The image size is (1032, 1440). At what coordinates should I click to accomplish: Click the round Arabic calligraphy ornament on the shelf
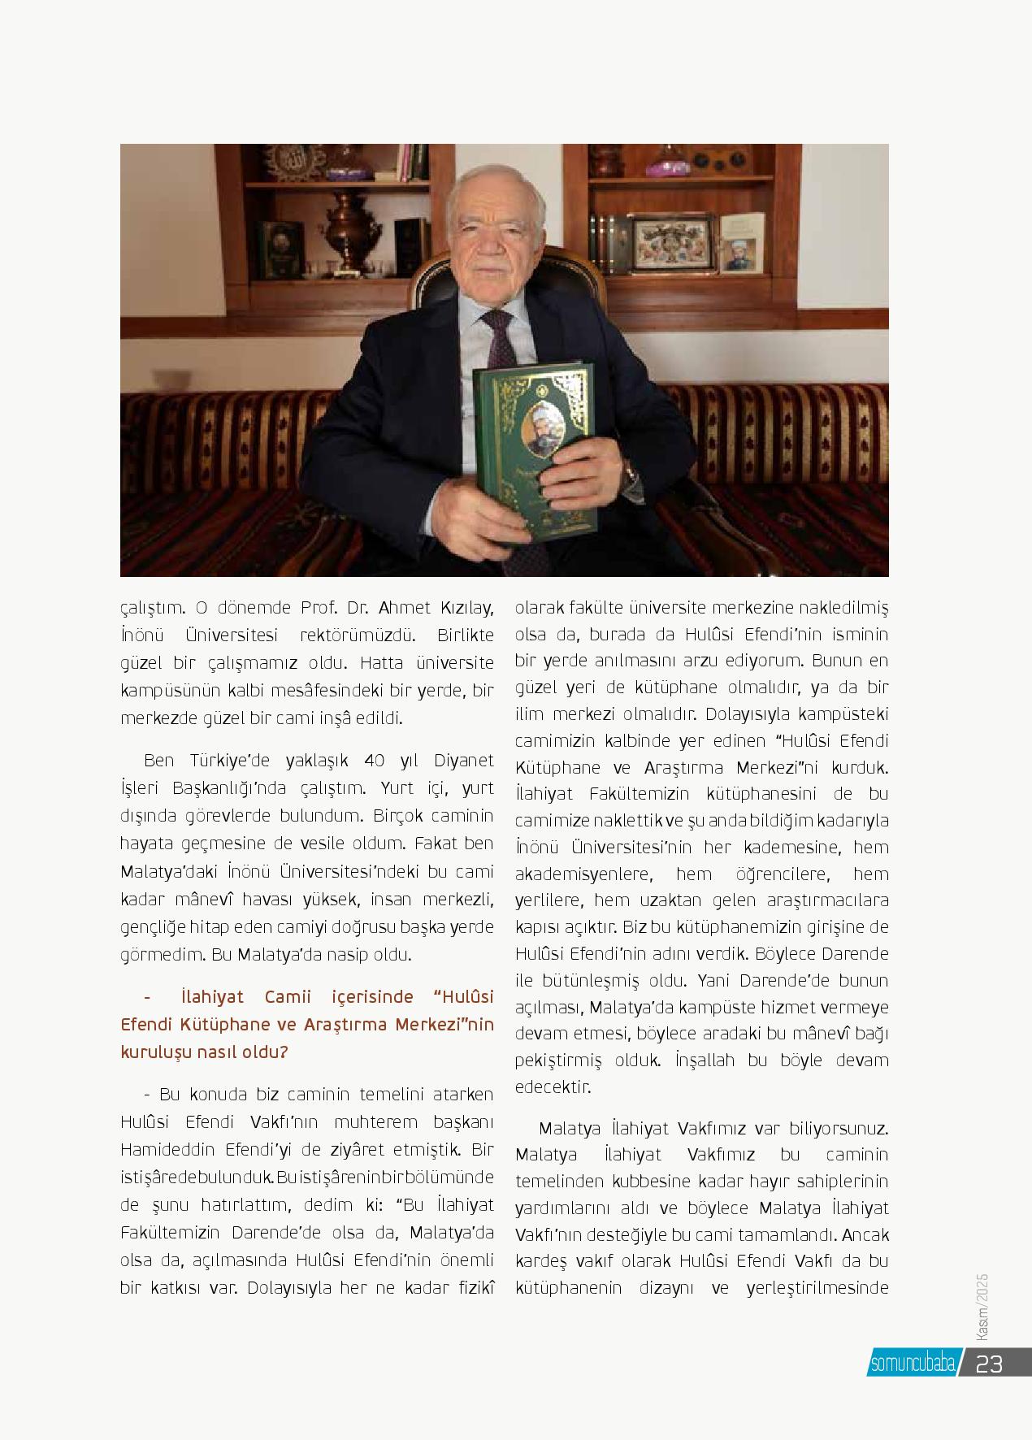pyautogui.click(x=291, y=159)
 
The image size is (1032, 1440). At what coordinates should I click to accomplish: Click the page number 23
pyautogui.click(x=990, y=1363)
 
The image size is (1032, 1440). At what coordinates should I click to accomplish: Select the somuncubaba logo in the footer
pyautogui.click(x=913, y=1364)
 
